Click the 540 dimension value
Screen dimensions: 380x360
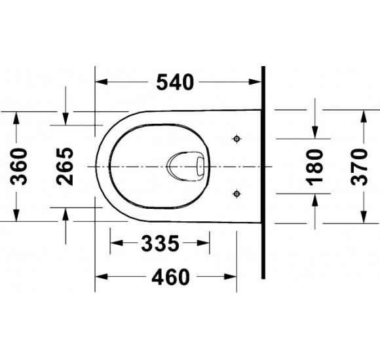(x=175, y=82)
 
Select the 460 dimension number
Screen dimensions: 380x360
(x=170, y=277)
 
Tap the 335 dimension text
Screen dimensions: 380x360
(x=161, y=243)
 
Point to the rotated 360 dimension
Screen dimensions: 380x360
(x=19, y=166)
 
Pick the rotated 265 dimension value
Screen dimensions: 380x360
(x=64, y=166)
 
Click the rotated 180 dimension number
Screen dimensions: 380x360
(x=314, y=168)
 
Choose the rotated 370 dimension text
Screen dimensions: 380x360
(x=360, y=167)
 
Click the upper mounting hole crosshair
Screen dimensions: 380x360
(x=237, y=139)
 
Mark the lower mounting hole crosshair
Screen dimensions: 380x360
(x=237, y=194)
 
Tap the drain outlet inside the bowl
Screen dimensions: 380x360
(x=186, y=166)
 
